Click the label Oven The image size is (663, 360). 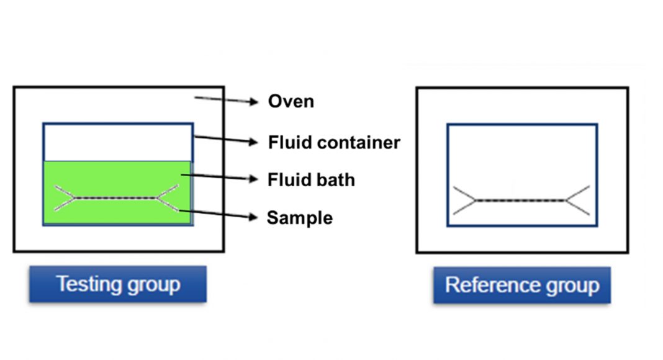(291, 101)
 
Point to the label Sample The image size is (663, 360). (299, 218)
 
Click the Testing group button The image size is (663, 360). (118, 284)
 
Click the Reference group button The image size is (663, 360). (522, 285)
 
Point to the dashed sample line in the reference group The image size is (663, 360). (521, 200)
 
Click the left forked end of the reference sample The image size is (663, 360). (464, 200)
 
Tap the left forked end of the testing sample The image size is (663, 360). (65, 198)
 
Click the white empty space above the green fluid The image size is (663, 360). (118, 142)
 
